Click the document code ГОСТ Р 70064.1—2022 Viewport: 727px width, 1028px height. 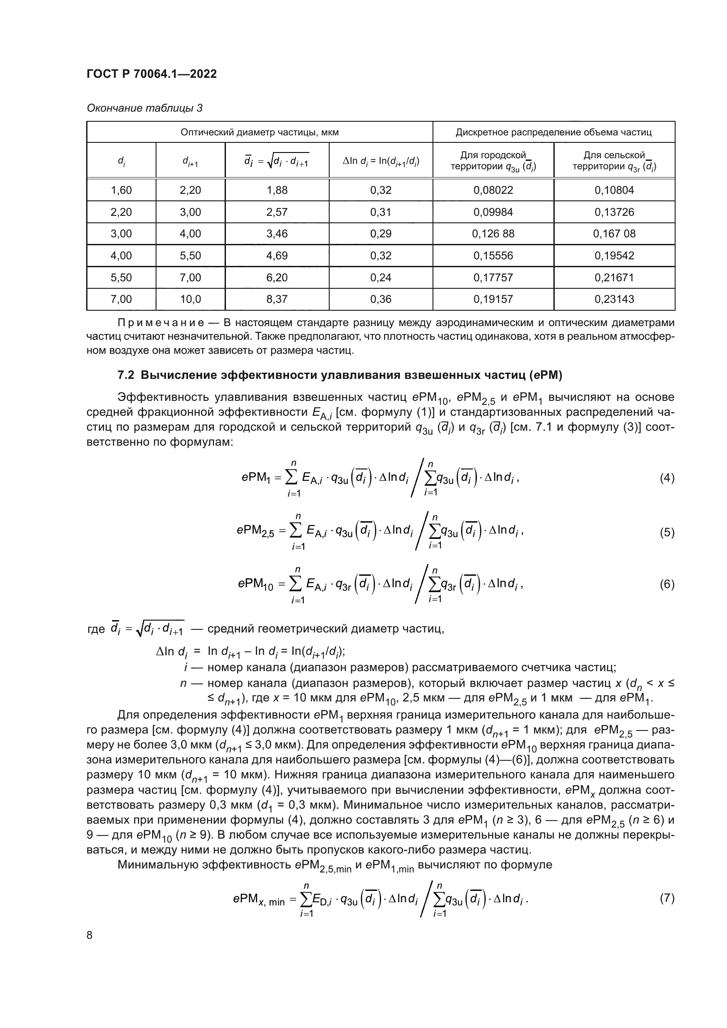pos(151,74)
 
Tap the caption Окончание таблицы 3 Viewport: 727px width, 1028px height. pos(144,108)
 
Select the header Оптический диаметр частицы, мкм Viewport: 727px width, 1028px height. pos(259,132)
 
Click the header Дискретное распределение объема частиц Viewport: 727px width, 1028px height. pos(553,132)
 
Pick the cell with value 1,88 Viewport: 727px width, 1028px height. pos(276,190)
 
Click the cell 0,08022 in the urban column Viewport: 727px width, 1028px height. pos(493,190)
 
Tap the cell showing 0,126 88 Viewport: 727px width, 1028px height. pos(493,234)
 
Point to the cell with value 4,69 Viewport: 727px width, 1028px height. pos(276,256)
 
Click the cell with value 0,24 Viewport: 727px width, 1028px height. pos(381,278)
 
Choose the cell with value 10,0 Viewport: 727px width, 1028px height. pos(190,299)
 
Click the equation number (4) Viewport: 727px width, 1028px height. pos(667,478)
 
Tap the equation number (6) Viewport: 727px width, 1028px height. pos(667,584)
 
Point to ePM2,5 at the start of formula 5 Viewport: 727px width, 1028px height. pos(255,531)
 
